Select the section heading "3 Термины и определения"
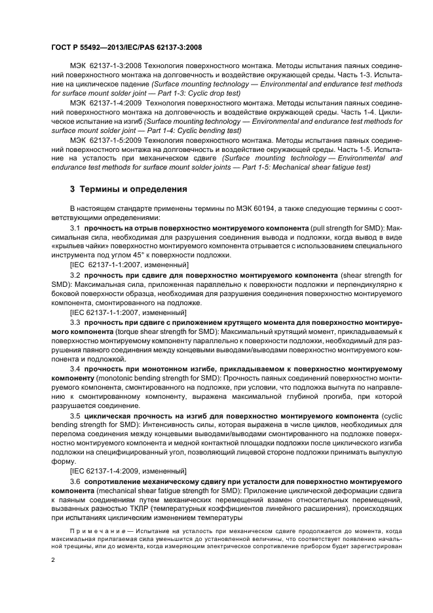point(128,189)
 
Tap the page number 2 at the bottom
point(54,561)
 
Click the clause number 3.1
point(75,226)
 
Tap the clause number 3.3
point(75,323)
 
